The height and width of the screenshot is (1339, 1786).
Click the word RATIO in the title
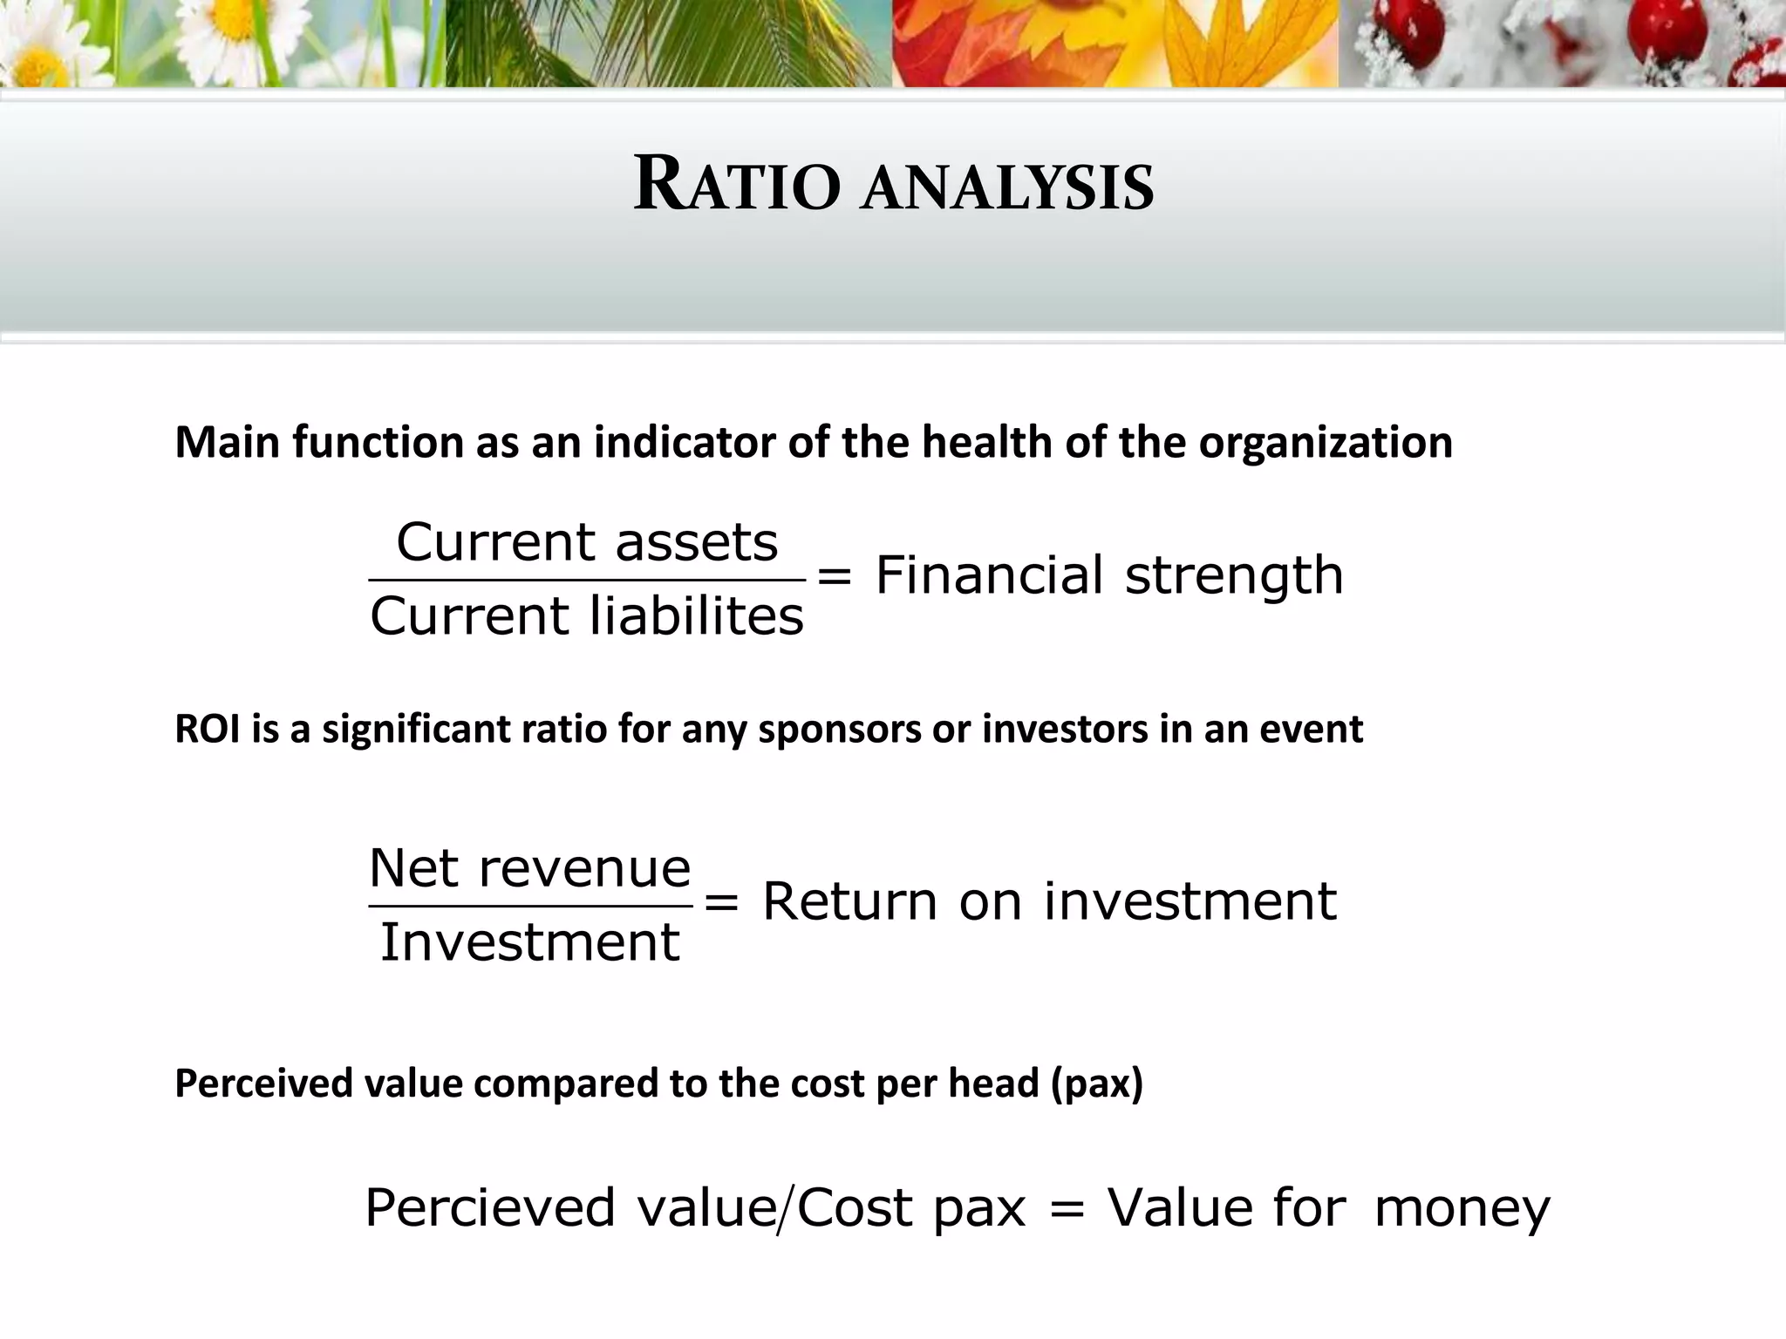pyautogui.click(x=737, y=185)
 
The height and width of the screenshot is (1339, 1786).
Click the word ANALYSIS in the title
pyautogui.click(x=1007, y=188)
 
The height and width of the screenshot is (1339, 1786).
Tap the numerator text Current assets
pyautogui.click(x=587, y=542)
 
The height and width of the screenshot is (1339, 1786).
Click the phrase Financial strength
pyautogui.click(x=1108, y=576)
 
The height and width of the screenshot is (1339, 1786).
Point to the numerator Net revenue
pyautogui.click(x=529, y=868)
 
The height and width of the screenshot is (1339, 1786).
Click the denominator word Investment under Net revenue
pyautogui.click(x=529, y=942)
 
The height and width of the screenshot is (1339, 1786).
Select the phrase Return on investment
pyautogui.click(x=1049, y=901)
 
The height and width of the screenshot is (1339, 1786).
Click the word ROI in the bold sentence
pyautogui.click(x=208, y=729)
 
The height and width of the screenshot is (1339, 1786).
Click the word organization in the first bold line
pyautogui.click(x=1325, y=443)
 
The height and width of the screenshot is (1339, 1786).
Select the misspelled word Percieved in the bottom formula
pyautogui.click(x=489, y=1209)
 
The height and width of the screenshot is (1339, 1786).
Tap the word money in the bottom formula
pyautogui.click(x=1462, y=1209)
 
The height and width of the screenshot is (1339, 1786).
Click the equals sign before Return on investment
pyautogui.click(x=721, y=902)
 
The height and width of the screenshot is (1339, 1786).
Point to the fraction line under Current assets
pyautogui.click(x=587, y=579)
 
